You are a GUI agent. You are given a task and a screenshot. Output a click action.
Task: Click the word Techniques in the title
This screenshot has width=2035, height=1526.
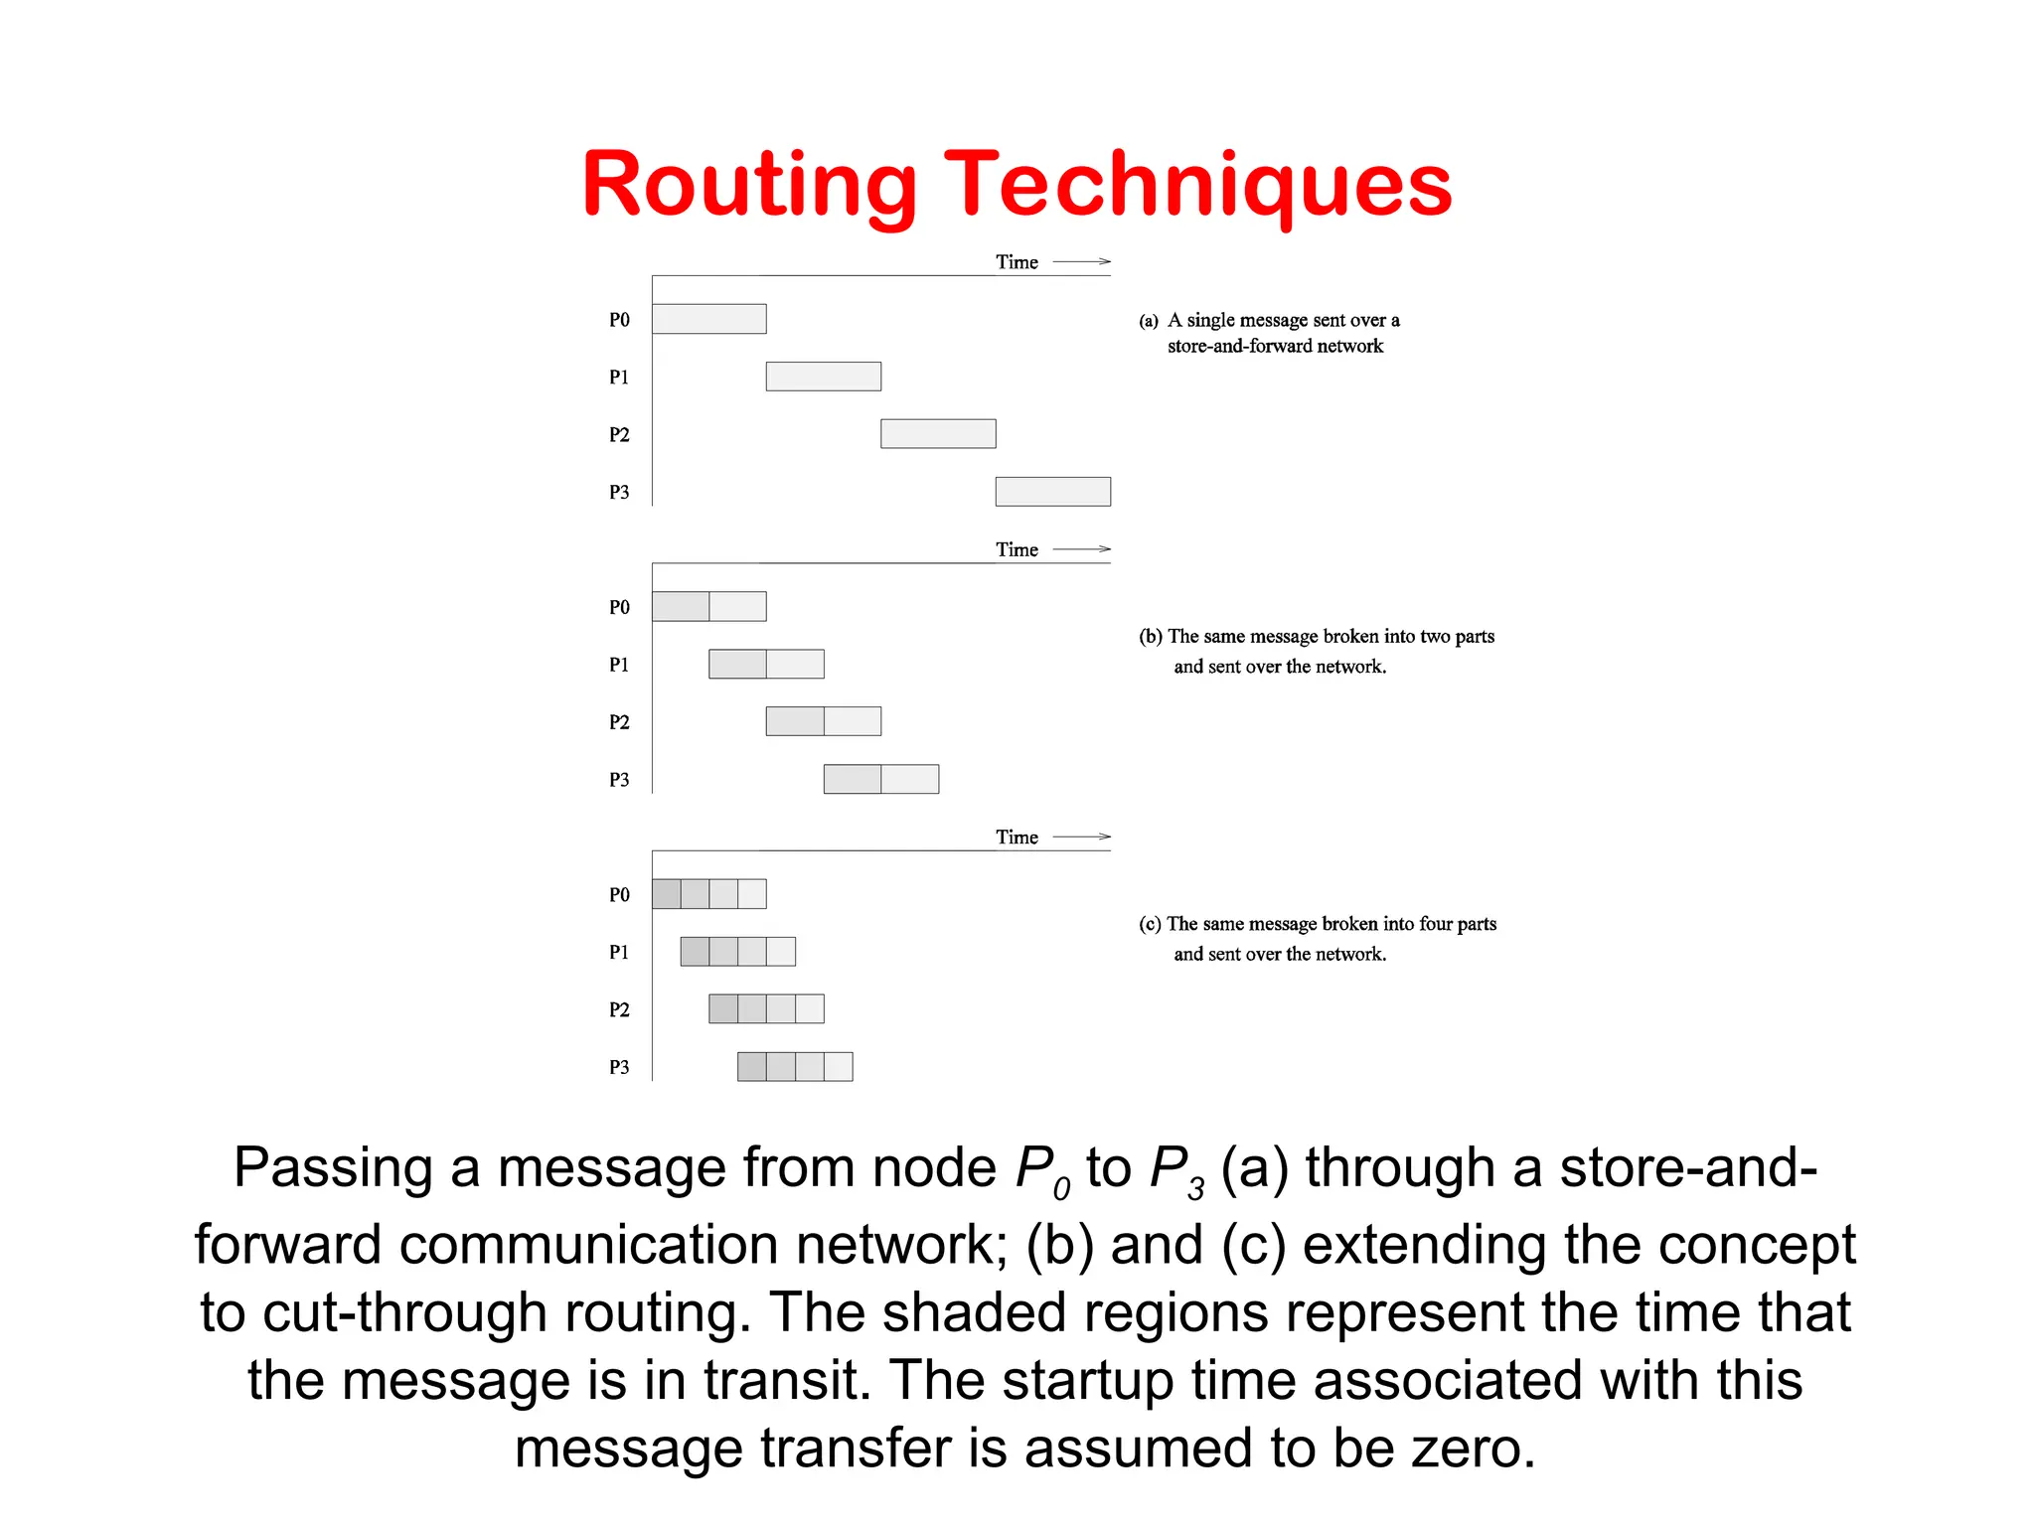[x=1197, y=186]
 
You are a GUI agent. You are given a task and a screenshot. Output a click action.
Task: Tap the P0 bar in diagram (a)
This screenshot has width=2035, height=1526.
[x=708, y=319]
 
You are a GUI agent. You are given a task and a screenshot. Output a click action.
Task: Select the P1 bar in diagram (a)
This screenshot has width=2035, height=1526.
[x=823, y=377]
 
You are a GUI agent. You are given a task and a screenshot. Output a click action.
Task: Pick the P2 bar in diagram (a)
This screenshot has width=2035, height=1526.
[x=938, y=434]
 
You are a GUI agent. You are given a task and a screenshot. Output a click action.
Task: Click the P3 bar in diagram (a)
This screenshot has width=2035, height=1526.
[x=1052, y=492]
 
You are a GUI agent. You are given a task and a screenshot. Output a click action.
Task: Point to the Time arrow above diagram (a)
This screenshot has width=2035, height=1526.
[x=1081, y=261]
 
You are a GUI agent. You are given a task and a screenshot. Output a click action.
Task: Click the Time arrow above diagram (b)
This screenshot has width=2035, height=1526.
[x=1081, y=549]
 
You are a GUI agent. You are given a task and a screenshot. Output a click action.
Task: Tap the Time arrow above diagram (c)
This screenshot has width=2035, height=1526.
[x=1081, y=837]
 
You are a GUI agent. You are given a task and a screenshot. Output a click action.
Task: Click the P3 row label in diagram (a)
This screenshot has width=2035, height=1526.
[x=619, y=493]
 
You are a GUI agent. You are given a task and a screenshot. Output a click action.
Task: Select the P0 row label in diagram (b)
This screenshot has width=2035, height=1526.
[x=619, y=607]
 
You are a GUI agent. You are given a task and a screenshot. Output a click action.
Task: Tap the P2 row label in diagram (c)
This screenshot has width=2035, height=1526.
[x=619, y=1010]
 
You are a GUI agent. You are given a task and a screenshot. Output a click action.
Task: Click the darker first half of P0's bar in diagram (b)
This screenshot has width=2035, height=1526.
[x=681, y=606]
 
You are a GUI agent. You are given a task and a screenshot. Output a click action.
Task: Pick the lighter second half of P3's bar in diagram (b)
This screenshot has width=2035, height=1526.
[x=909, y=779]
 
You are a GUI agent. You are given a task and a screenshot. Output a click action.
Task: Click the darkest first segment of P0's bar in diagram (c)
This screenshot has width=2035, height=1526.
[x=666, y=894]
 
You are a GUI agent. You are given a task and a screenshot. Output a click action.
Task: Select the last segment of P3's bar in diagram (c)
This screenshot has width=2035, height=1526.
[x=838, y=1067]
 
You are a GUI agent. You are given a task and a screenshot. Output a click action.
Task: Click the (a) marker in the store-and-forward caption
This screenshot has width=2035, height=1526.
[x=1149, y=321]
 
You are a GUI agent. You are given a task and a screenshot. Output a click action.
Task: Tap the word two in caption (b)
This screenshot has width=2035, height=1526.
[x=1433, y=636]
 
